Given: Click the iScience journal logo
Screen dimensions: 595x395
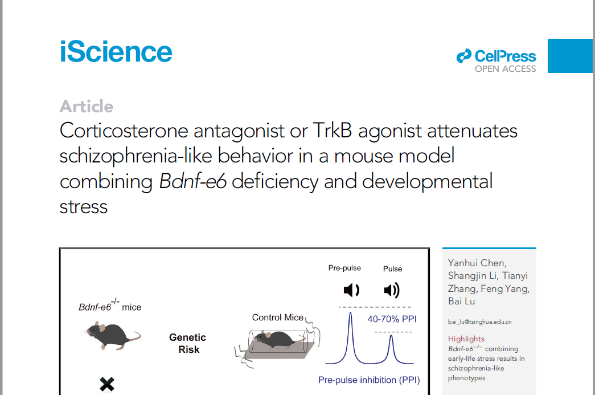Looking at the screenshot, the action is click(x=116, y=52).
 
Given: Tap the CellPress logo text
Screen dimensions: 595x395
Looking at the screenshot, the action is click(x=505, y=56).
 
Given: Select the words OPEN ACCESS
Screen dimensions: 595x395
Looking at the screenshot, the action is click(x=506, y=69).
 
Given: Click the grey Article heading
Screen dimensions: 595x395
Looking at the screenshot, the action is click(x=87, y=107).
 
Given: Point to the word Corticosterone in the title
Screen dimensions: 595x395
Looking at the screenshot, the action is click(x=124, y=131).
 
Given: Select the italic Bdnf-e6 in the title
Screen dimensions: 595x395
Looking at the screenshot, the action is click(x=193, y=181).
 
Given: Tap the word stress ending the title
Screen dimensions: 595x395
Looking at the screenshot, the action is click(x=84, y=207).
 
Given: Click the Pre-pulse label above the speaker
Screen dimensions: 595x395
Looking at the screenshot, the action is click(x=344, y=268).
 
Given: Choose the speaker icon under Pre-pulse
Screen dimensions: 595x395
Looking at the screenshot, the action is click(x=351, y=290).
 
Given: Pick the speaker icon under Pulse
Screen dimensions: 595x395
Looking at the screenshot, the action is click(x=392, y=290).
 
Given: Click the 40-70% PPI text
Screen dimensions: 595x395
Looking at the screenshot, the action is click(x=392, y=319).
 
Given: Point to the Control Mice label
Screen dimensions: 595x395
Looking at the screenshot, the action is click(x=278, y=317).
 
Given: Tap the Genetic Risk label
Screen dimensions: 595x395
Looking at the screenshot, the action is click(x=188, y=343).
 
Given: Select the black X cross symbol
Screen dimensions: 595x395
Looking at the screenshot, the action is click(x=107, y=384).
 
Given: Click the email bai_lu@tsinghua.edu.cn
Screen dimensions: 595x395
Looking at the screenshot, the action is click(x=479, y=321).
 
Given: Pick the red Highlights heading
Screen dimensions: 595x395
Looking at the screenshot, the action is click(x=466, y=339).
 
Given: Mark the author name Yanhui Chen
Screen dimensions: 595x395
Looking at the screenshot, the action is click(x=477, y=263).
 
